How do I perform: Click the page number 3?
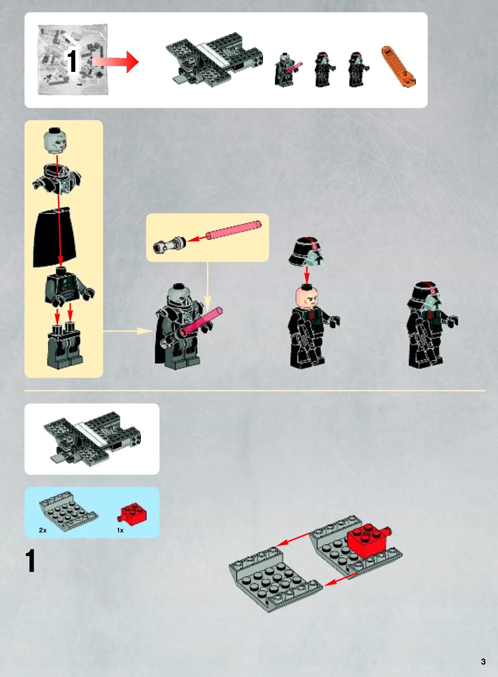483,661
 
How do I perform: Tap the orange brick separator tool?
398,66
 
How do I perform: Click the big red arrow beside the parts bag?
115,61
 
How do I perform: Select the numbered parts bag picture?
73,59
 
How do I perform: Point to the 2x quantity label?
43,530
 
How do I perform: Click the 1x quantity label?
120,530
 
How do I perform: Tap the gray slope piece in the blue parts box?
68,511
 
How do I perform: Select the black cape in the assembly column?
55,237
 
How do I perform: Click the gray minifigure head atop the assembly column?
55,140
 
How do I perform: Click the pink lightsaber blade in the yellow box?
233,230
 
